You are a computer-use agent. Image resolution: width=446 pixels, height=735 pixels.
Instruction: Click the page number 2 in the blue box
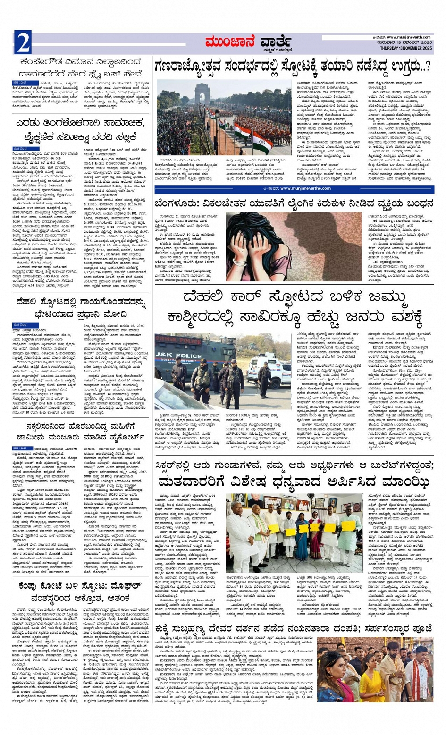23,43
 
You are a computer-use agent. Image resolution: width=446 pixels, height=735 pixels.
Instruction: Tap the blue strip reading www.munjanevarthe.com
294,188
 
